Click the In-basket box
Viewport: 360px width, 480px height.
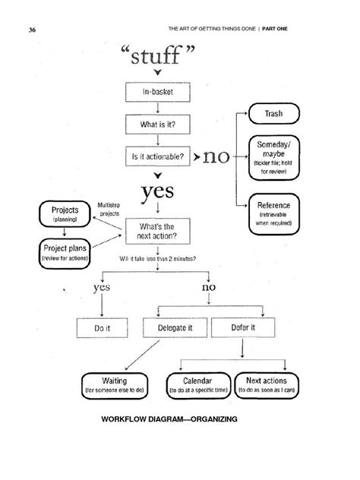pos(156,92)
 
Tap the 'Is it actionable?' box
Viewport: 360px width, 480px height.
pos(156,157)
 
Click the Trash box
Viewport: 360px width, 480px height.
pos(274,114)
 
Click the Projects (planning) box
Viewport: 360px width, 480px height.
pos(65,213)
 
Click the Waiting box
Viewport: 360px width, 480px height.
pos(113,384)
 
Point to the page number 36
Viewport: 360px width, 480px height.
pos(32,30)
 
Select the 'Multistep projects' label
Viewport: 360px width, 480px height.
pos(109,208)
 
